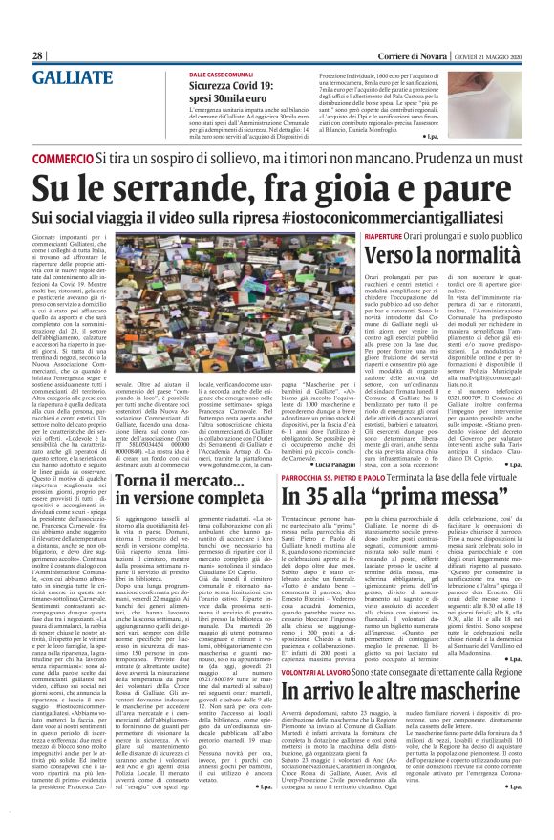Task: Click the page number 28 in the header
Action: click(38, 56)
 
